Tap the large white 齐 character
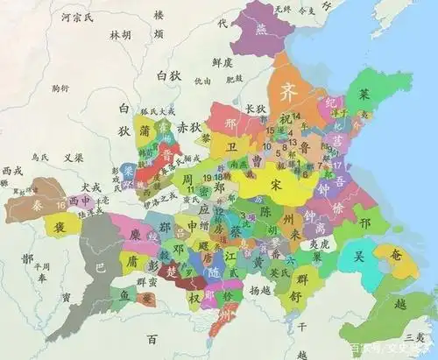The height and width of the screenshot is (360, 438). pos(287,92)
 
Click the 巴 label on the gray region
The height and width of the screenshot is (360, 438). pos(99,270)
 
